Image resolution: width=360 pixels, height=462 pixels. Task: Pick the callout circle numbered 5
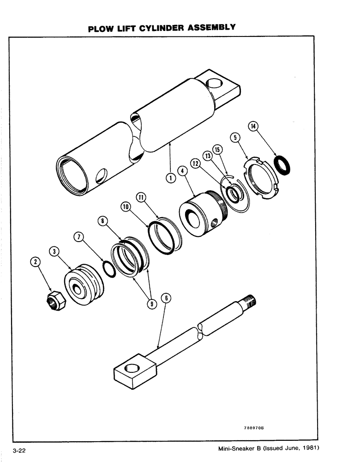point(236,137)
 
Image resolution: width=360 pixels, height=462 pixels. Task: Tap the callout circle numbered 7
point(80,237)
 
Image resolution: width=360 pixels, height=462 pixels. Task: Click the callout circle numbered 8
point(103,221)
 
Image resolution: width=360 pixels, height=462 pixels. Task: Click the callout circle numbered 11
point(141,197)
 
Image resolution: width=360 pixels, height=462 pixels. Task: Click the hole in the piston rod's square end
point(131,368)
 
